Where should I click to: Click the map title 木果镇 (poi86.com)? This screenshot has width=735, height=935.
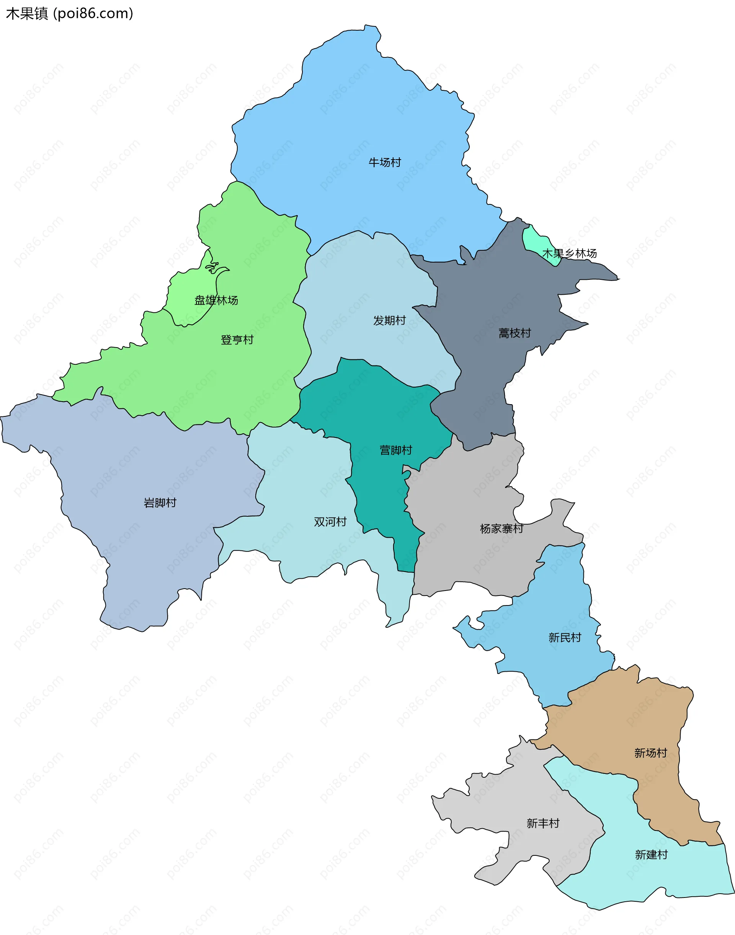point(69,14)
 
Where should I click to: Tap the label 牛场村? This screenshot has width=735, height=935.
point(385,162)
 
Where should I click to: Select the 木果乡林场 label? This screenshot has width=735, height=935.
point(569,253)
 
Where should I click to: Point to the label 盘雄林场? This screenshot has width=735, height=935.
point(216,300)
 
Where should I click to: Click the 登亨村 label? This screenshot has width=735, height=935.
point(237,340)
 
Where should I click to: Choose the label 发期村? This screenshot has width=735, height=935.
point(389,321)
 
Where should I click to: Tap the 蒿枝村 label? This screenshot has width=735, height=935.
point(514,333)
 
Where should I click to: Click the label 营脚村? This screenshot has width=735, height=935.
point(396,450)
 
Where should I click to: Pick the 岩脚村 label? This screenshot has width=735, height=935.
point(160,503)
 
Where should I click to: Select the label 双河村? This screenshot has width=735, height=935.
point(330,522)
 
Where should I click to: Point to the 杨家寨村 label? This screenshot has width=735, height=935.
point(501,529)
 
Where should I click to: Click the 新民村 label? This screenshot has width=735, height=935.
point(565,638)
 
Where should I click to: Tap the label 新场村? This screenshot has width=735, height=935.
point(650,753)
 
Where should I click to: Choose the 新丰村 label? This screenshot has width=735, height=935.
point(543,824)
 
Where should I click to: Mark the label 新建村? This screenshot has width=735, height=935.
point(651,855)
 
